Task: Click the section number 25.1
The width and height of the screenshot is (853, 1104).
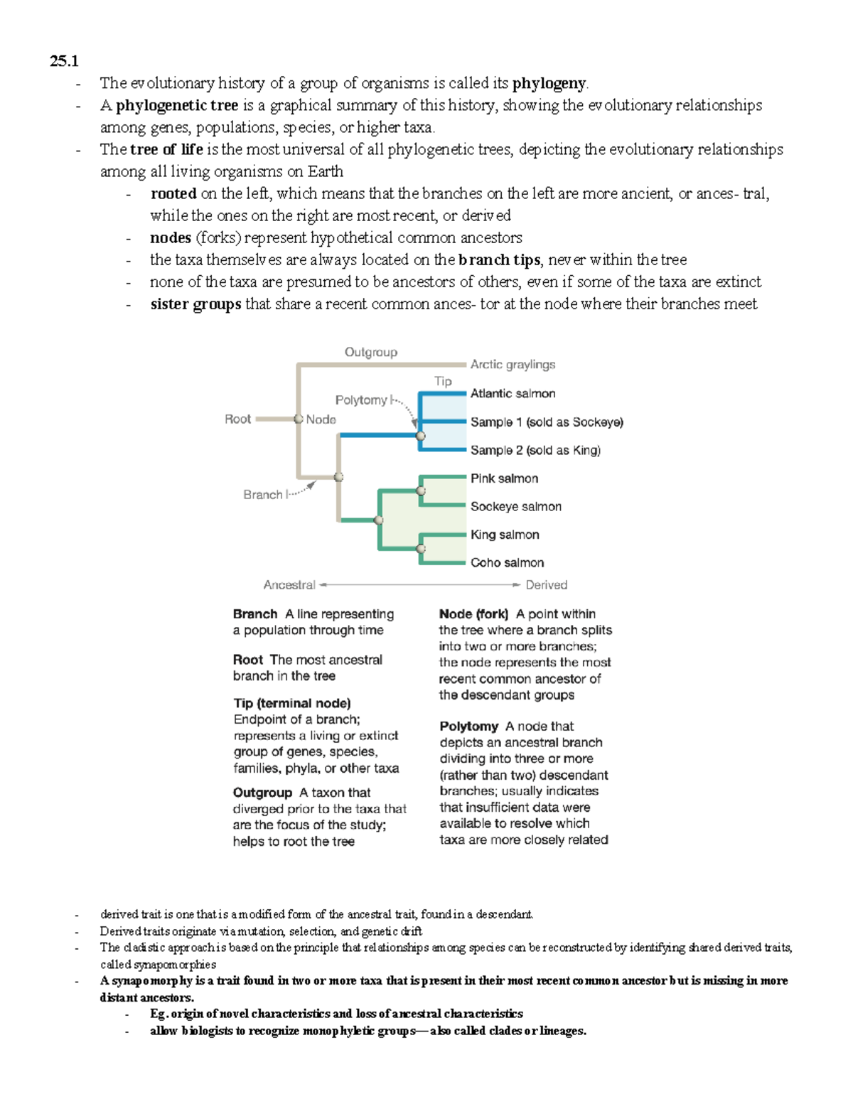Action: click(64, 61)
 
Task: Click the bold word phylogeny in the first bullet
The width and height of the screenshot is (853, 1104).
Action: click(549, 83)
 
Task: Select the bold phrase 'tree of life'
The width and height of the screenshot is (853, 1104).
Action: click(166, 149)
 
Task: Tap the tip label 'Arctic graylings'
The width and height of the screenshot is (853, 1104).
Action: click(513, 365)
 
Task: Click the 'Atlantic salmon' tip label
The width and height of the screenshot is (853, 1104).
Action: click(513, 393)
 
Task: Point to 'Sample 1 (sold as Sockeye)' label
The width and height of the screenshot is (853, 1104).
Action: click(546, 422)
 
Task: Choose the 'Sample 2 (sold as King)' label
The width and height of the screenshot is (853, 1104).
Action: click(535, 450)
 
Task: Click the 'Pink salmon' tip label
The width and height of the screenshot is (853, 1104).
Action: click(504, 478)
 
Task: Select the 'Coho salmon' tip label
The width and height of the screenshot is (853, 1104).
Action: click(507, 562)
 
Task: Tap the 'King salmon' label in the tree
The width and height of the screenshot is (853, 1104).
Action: click(505, 535)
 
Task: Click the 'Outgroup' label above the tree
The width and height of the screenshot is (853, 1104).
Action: click(371, 352)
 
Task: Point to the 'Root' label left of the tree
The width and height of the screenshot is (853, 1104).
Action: click(237, 419)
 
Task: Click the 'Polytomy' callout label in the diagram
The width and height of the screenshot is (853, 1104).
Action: click(361, 400)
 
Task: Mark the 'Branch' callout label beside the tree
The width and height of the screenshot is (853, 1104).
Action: click(262, 495)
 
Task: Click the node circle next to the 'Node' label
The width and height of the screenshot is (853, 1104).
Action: click(299, 419)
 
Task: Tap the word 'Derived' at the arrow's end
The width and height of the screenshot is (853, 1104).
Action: click(546, 585)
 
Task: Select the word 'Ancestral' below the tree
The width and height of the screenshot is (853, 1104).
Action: click(289, 585)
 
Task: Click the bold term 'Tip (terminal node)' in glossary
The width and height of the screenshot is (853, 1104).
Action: click(291, 703)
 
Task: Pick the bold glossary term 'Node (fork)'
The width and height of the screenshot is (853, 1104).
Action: click(473, 613)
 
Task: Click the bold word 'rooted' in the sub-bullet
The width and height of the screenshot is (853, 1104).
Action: click(173, 193)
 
